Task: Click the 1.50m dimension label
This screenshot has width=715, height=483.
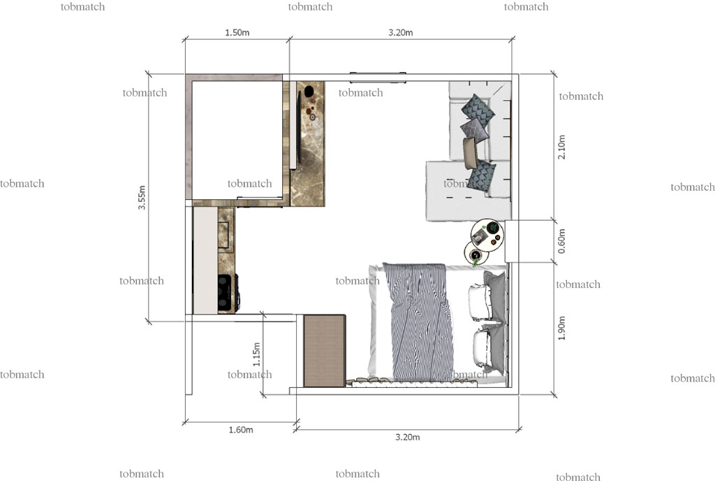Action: (237, 33)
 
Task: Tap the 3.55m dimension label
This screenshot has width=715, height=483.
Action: (142, 198)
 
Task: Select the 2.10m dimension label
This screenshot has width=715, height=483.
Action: (562, 147)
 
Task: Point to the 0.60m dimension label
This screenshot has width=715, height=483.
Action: (562, 242)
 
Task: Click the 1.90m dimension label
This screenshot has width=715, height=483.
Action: (562, 328)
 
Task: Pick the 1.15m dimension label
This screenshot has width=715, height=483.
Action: (257, 354)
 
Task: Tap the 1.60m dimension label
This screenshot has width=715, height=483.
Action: (241, 430)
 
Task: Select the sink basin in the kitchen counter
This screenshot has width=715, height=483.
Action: (223, 235)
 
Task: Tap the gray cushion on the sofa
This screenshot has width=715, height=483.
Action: (475, 130)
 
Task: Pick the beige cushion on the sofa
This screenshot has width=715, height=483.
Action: (470, 153)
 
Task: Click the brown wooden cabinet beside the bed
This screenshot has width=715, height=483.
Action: (324, 351)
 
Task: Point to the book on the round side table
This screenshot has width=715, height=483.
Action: (480, 237)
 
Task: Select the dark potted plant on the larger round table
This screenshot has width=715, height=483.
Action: (492, 227)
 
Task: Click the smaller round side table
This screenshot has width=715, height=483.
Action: (476, 254)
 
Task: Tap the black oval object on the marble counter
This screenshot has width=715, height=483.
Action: (309, 91)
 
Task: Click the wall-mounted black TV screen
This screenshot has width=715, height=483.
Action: (299, 127)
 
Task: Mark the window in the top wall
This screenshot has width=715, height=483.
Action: (378, 77)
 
